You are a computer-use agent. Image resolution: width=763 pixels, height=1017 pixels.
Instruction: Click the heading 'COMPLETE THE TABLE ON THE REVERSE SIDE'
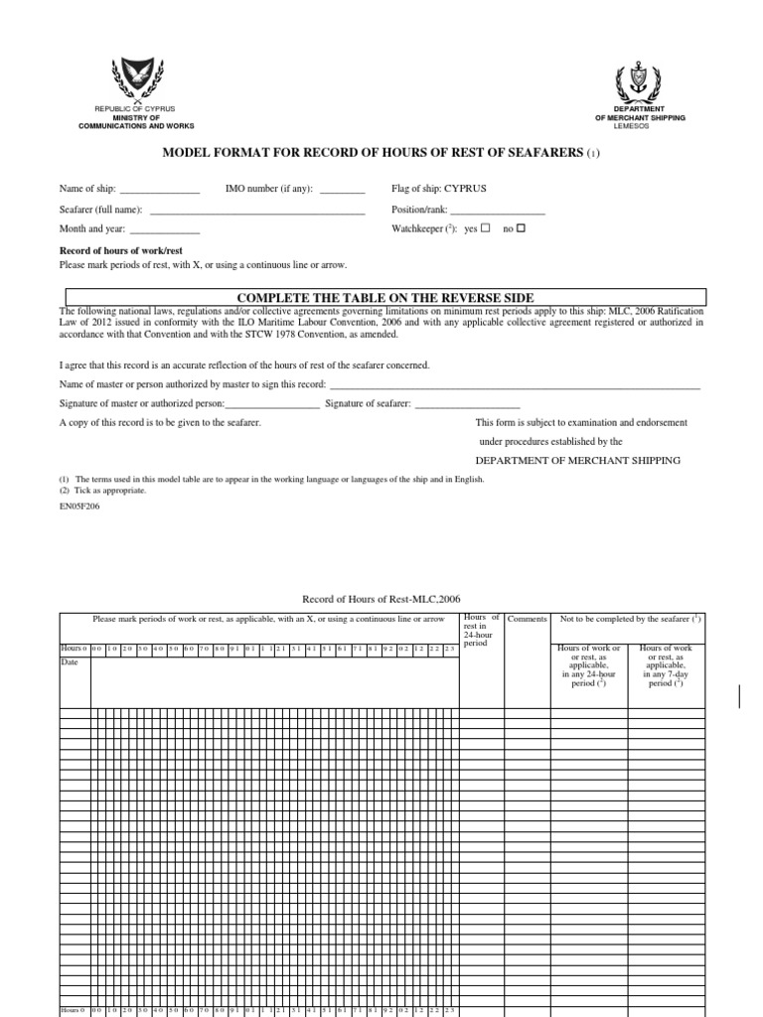(x=385, y=298)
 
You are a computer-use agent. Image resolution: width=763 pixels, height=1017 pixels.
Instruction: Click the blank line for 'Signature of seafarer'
(x=467, y=403)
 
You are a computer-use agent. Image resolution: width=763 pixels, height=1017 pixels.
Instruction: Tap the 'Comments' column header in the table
(x=527, y=619)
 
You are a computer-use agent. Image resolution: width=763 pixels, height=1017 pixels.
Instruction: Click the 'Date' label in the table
(x=70, y=661)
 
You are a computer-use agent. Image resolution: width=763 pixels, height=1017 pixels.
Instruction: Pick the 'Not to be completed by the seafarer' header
(x=631, y=619)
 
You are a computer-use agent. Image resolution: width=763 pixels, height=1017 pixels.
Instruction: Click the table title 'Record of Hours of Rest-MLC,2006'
(x=381, y=599)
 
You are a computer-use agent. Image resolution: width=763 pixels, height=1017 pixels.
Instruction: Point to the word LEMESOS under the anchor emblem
(x=640, y=126)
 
